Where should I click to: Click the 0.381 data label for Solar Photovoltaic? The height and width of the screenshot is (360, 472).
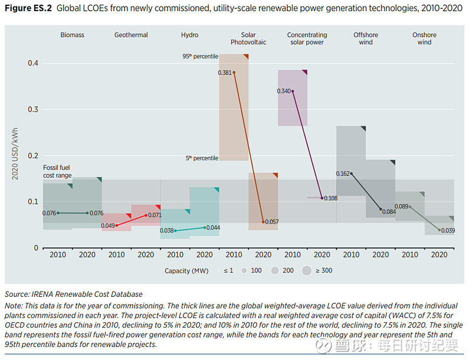224,73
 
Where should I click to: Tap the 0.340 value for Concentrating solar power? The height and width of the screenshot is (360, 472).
284,91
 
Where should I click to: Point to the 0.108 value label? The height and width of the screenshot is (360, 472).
331,198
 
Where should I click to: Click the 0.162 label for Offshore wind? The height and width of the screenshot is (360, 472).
343,174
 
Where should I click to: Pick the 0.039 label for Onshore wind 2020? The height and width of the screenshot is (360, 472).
448,230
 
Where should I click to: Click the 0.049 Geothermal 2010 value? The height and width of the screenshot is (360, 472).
107,225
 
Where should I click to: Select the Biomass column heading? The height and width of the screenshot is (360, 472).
73,35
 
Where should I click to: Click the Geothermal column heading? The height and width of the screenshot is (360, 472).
131,35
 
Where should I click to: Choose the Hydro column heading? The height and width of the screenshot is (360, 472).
189,35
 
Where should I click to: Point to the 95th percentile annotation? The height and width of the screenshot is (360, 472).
200,57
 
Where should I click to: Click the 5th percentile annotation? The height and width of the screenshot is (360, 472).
202,158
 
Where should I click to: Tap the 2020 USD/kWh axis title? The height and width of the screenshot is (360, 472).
16,154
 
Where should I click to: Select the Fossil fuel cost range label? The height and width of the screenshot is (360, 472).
57,172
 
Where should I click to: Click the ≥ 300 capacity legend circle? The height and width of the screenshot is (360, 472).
306,271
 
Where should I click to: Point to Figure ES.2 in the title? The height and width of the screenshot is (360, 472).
28,10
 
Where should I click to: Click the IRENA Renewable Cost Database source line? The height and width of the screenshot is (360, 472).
74,294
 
